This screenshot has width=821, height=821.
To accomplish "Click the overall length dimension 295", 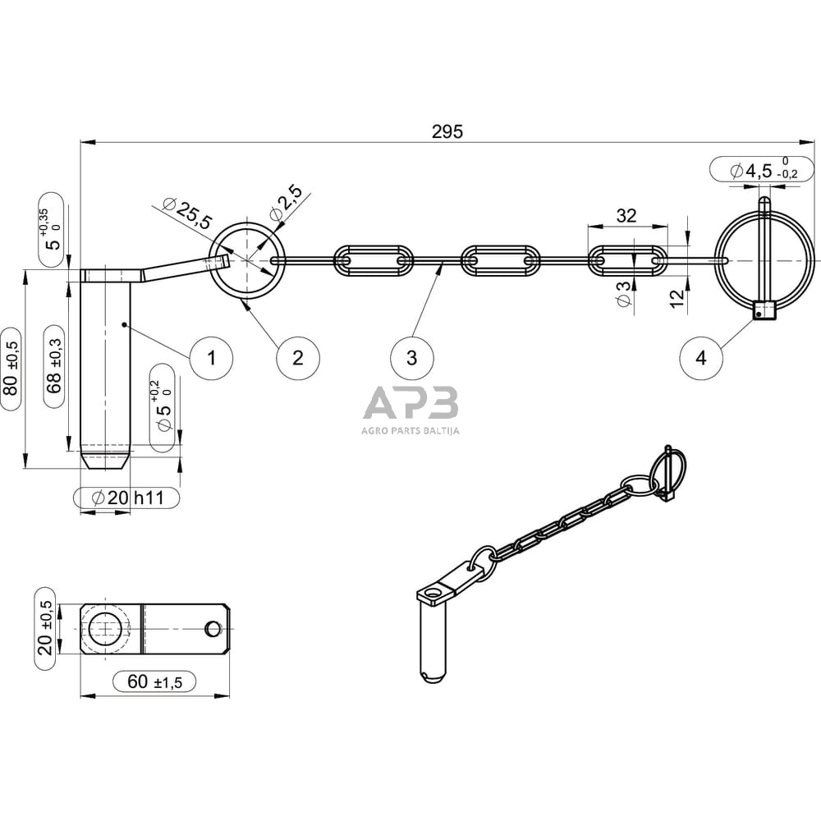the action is [x=447, y=131].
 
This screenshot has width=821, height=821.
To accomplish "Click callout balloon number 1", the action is [x=212, y=358].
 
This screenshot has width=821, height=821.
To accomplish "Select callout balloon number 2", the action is [x=298, y=358].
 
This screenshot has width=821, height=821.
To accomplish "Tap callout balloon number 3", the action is [x=412, y=358].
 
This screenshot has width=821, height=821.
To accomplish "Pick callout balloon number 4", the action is [x=701, y=358].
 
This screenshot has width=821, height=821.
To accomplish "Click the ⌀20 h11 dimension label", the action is [x=126, y=498].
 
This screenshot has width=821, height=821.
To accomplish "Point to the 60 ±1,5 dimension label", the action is [x=154, y=681].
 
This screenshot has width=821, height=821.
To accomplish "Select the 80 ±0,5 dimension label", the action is [x=12, y=369].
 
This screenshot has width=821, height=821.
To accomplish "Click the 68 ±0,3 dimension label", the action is [x=54, y=366].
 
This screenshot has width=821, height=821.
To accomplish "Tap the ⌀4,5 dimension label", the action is [x=762, y=170].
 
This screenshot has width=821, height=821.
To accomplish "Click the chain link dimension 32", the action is [x=626, y=215].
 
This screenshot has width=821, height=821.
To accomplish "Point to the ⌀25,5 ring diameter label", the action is [x=187, y=214].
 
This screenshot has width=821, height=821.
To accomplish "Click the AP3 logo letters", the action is [x=411, y=402].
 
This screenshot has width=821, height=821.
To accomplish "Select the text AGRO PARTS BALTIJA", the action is [x=411, y=431].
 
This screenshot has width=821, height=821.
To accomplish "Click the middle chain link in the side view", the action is [x=501, y=259].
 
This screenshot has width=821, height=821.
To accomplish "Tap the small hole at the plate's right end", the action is [x=213, y=628].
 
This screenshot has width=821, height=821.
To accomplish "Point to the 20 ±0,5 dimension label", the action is [x=45, y=628].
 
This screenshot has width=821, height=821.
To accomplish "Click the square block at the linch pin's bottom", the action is [x=765, y=310].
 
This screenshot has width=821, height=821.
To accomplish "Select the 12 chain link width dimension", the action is [x=677, y=298].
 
